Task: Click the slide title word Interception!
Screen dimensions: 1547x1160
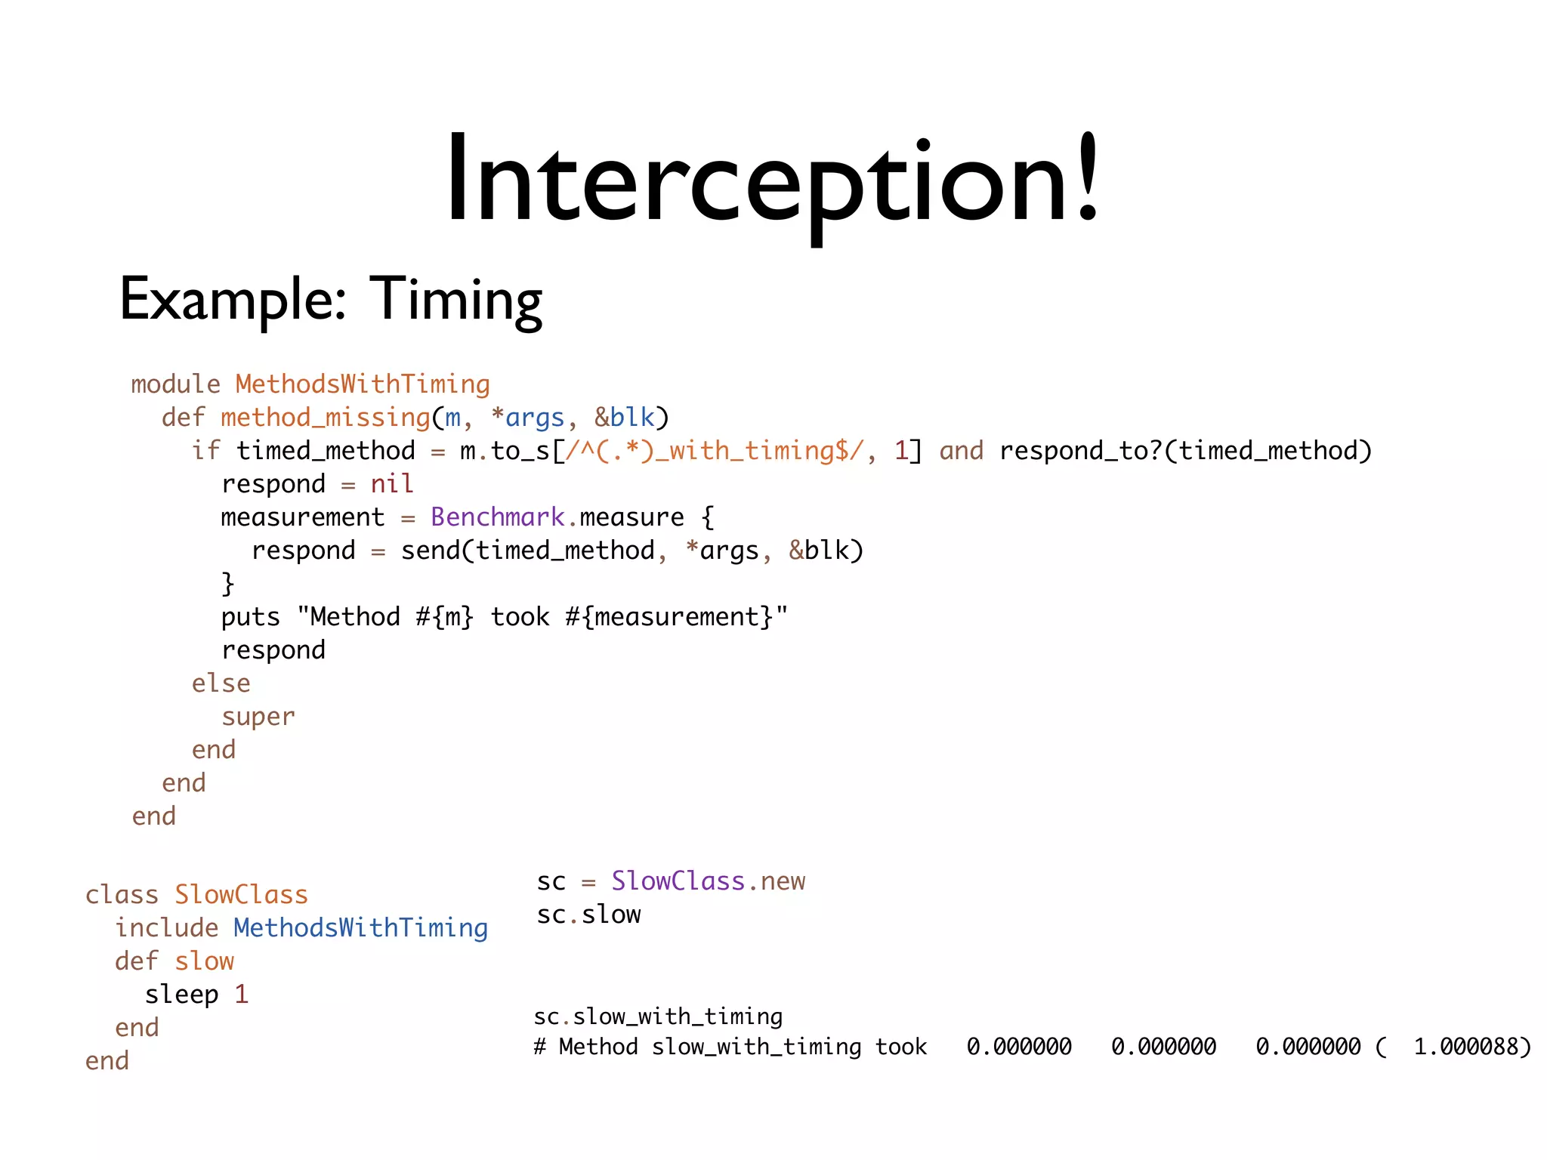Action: coord(772,181)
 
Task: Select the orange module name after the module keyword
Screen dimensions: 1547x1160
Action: coord(363,384)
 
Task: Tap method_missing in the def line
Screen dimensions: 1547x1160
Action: coord(326,418)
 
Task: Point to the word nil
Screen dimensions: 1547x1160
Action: coord(391,484)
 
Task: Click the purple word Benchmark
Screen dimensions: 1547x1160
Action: coord(497,517)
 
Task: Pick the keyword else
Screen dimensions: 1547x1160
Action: coord(221,683)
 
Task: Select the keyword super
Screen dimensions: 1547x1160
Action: coord(258,717)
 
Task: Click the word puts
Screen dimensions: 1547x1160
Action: coord(250,617)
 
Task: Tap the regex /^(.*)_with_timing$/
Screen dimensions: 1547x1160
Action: coord(715,451)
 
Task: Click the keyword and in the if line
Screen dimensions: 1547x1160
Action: coord(961,451)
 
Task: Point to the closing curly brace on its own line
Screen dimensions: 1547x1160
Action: coord(227,584)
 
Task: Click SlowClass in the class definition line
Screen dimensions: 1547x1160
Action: coord(241,895)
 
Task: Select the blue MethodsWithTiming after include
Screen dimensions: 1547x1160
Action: coord(360,928)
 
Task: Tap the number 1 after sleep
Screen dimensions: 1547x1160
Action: coord(241,995)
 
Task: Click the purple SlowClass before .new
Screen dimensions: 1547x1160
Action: coord(678,881)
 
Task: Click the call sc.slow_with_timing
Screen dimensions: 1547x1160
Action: coord(658,1017)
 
